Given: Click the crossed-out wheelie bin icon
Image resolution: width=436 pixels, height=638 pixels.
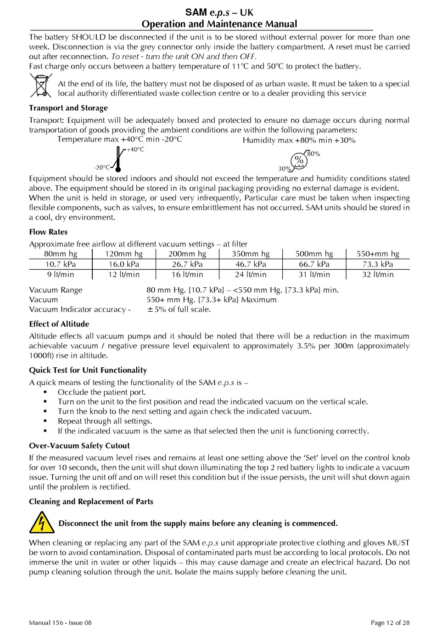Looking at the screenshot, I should (41, 86).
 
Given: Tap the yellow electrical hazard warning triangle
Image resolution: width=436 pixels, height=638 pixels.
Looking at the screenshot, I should (42, 523).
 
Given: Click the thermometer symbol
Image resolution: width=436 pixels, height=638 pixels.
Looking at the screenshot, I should (118, 159).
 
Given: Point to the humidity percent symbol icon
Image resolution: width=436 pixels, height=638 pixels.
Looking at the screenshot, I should (299, 160).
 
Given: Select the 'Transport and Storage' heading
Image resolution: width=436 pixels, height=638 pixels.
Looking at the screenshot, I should (68, 108).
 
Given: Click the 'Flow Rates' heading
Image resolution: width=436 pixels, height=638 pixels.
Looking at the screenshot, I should (48, 232).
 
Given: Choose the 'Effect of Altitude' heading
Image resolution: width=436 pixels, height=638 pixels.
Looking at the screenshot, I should (59, 324).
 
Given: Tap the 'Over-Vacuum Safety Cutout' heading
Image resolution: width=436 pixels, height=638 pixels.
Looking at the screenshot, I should (79, 446).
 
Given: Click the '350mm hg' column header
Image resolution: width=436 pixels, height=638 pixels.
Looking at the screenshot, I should (251, 254).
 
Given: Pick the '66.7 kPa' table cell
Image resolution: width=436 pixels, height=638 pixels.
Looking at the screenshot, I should (314, 264).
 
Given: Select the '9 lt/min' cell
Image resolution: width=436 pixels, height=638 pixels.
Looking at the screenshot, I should (61, 274).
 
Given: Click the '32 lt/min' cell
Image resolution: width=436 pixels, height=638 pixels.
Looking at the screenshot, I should (378, 274).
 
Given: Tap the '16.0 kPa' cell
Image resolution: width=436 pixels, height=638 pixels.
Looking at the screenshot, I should (124, 264).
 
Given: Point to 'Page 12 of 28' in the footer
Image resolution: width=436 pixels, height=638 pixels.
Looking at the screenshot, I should (390, 623).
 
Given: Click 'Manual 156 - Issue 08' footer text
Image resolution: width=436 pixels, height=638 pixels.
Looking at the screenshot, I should (60, 623).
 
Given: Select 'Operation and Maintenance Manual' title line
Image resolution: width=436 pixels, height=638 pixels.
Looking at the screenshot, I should (219, 24).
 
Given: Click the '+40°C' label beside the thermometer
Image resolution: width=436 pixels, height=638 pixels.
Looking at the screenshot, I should (135, 150).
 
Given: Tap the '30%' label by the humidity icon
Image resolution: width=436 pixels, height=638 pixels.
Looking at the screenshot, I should (285, 169).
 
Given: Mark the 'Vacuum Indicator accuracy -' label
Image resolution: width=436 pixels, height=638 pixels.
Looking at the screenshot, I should (80, 309).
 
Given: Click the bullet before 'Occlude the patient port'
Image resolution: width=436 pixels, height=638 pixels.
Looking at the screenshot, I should (45, 392).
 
